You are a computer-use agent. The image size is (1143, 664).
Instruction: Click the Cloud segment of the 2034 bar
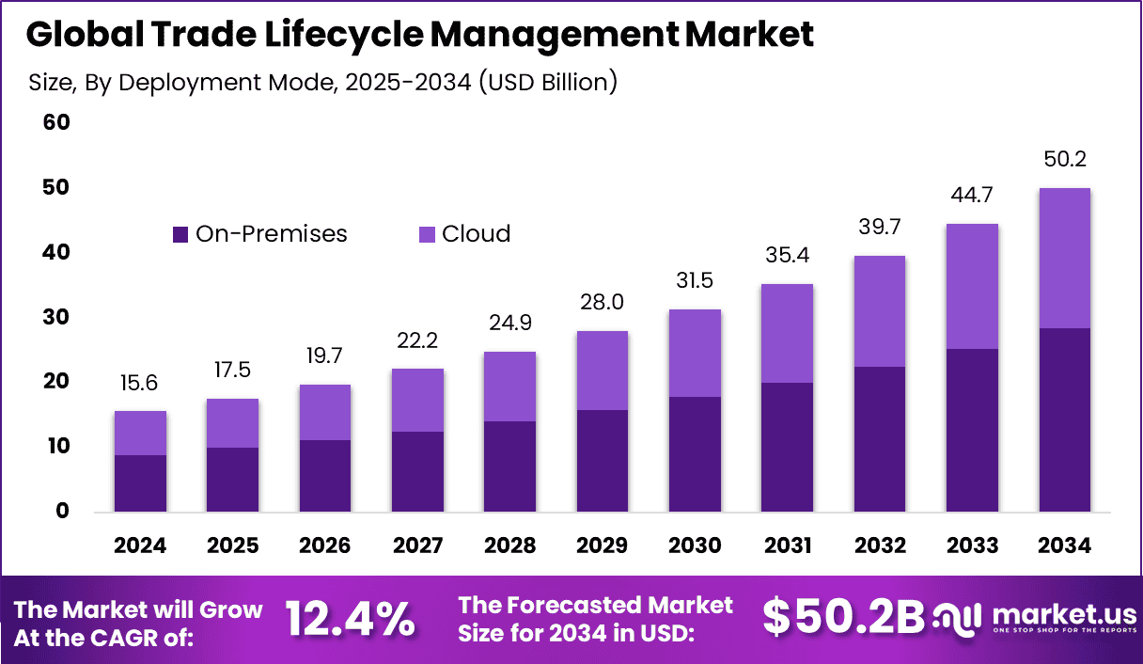(x=1064, y=258)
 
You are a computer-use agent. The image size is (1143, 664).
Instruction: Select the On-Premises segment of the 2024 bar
(x=140, y=482)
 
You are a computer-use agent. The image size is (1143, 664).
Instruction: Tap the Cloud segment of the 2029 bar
(x=602, y=370)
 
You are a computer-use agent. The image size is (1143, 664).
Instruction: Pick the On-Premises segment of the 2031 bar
(x=787, y=447)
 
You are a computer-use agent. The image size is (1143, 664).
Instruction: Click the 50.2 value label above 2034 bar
(x=1064, y=159)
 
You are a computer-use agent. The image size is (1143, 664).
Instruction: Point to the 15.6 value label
(x=140, y=383)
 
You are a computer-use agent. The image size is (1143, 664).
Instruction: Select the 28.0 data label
(x=602, y=303)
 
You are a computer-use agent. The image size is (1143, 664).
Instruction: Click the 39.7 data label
(x=879, y=228)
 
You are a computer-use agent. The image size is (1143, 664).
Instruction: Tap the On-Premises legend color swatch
(x=180, y=234)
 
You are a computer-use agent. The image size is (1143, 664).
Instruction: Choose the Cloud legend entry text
(x=476, y=234)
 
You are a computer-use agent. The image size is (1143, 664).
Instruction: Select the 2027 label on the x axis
(x=417, y=546)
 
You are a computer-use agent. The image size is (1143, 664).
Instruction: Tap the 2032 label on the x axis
(x=879, y=546)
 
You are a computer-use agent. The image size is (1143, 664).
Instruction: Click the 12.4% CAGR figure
(x=349, y=619)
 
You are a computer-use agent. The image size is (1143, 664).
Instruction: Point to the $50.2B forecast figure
(x=843, y=617)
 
